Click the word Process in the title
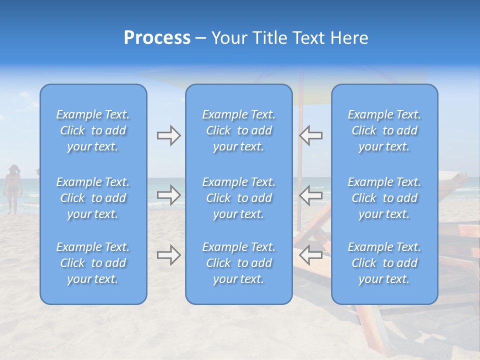157,38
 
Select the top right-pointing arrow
168,135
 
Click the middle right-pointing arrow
168,194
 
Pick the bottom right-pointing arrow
168,255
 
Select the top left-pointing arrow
310,135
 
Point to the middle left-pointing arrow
310,194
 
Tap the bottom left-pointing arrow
310,255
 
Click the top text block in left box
93,130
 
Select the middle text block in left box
93,198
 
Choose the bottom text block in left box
93,263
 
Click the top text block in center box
239,130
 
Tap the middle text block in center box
239,198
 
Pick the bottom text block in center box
239,263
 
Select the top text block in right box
384,130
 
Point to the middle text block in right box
384,198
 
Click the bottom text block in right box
384,263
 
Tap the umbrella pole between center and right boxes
301,165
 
